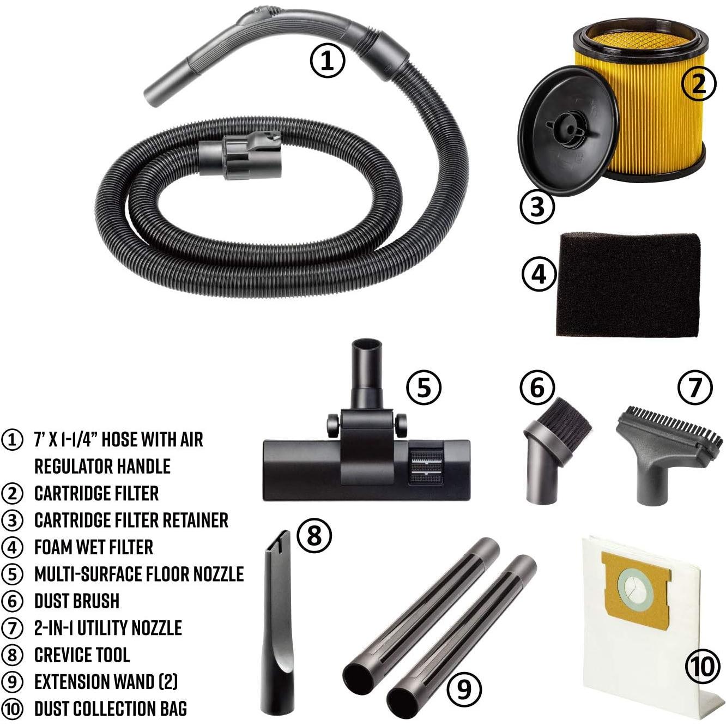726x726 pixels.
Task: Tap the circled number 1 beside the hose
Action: (x=328, y=60)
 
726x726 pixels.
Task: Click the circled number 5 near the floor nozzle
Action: (x=423, y=388)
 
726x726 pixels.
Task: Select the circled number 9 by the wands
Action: (x=464, y=689)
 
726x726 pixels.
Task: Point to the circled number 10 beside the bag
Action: (x=703, y=665)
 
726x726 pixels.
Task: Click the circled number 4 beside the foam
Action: (x=539, y=274)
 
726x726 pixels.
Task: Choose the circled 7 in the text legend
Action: (x=13, y=628)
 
